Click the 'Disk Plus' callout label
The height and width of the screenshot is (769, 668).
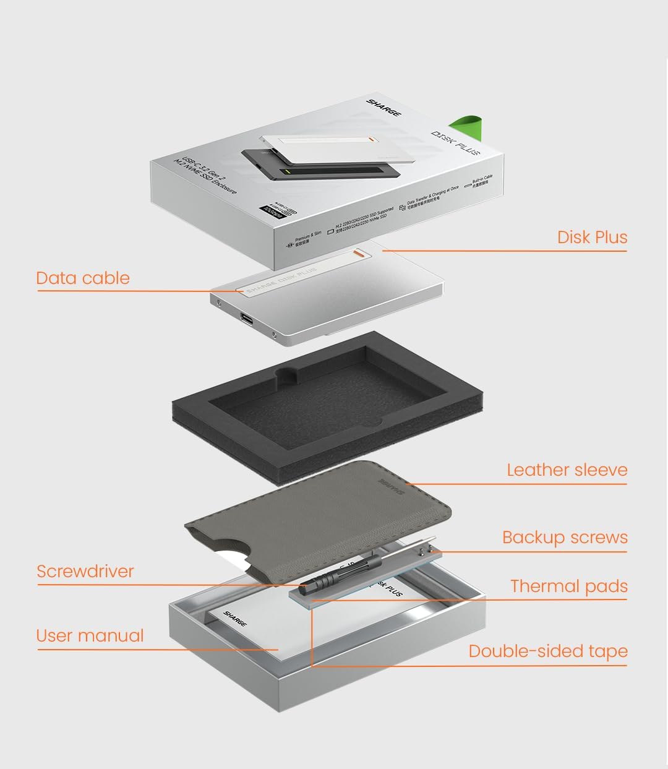(x=592, y=238)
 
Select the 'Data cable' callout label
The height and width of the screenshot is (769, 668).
(x=83, y=278)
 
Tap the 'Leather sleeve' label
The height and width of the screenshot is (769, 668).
(x=567, y=470)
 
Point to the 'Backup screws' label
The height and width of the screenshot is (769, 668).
(x=565, y=538)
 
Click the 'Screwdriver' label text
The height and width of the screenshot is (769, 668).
(x=85, y=571)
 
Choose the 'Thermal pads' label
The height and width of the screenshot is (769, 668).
(x=568, y=586)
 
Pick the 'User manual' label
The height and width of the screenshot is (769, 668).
(x=90, y=635)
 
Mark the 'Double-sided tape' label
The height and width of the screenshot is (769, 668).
(x=547, y=651)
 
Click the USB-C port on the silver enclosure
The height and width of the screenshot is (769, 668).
(x=247, y=320)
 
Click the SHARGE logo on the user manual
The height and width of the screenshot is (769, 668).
(x=235, y=619)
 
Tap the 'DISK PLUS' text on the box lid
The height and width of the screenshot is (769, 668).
(x=455, y=142)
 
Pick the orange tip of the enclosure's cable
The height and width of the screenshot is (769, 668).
(x=358, y=252)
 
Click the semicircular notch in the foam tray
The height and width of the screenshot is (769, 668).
(x=286, y=374)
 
